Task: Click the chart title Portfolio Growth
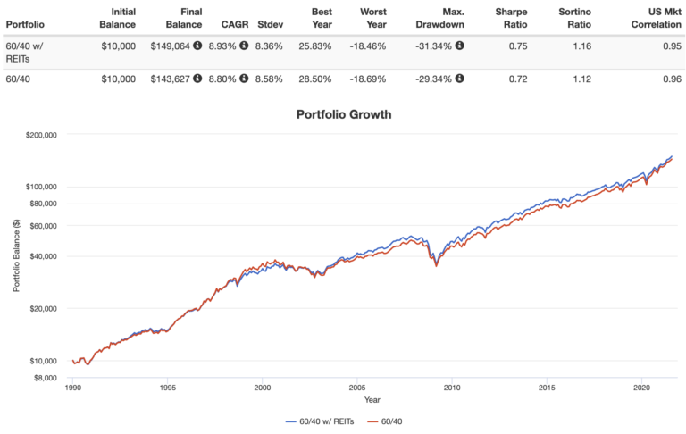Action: pos(343,114)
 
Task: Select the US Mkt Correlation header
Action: pos(645,18)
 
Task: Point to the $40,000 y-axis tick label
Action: pos(40,256)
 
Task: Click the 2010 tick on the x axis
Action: pos(452,388)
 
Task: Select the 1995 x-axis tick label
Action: pos(166,388)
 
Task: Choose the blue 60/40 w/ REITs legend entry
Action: pos(322,420)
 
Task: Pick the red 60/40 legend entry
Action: pos(389,420)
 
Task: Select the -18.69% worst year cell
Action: pos(373,79)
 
